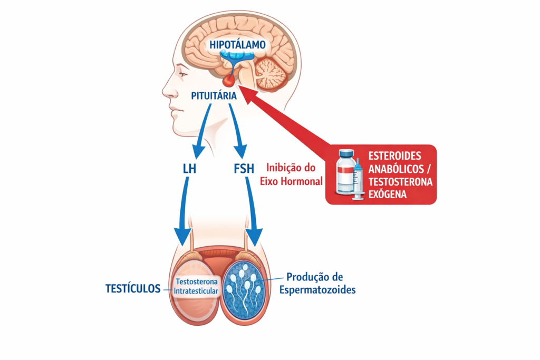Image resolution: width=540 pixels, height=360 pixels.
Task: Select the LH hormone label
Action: coord(188,170)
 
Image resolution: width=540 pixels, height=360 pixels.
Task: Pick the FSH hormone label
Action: coord(243,170)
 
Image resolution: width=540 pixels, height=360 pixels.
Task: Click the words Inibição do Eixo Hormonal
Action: coord(291,175)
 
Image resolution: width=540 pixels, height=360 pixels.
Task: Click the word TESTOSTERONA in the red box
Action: coord(401,181)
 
